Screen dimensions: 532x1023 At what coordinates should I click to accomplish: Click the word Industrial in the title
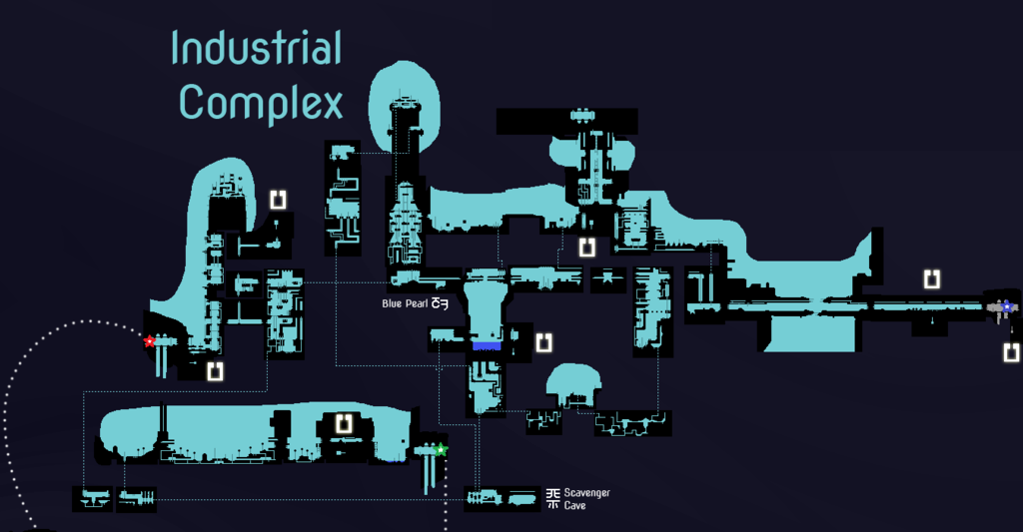(x=257, y=49)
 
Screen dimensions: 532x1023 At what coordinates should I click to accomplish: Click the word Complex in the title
(x=262, y=102)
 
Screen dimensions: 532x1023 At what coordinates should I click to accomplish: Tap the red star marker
(x=150, y=341)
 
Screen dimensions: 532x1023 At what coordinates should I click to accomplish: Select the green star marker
(x=441, y=449)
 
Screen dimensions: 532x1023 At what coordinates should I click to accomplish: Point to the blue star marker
(x=1006, y=306)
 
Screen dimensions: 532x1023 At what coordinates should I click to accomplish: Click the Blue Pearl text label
(x=405, y=304)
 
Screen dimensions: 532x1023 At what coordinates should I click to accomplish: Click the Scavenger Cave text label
(x=586, y=499)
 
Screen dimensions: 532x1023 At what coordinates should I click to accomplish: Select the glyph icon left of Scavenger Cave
(x=553, y=498)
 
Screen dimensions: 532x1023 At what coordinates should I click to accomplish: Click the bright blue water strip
(x=487, y=345)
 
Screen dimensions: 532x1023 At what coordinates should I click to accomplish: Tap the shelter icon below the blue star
(x=1011, y=351)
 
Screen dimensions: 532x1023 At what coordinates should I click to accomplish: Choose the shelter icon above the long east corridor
(x=931, y=278)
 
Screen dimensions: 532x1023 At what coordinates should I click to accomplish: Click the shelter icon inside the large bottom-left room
(x=346, y=424)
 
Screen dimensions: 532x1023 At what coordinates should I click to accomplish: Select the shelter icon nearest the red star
(x=214, y=372)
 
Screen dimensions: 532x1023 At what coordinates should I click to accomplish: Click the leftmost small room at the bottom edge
(x=93, y=498)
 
